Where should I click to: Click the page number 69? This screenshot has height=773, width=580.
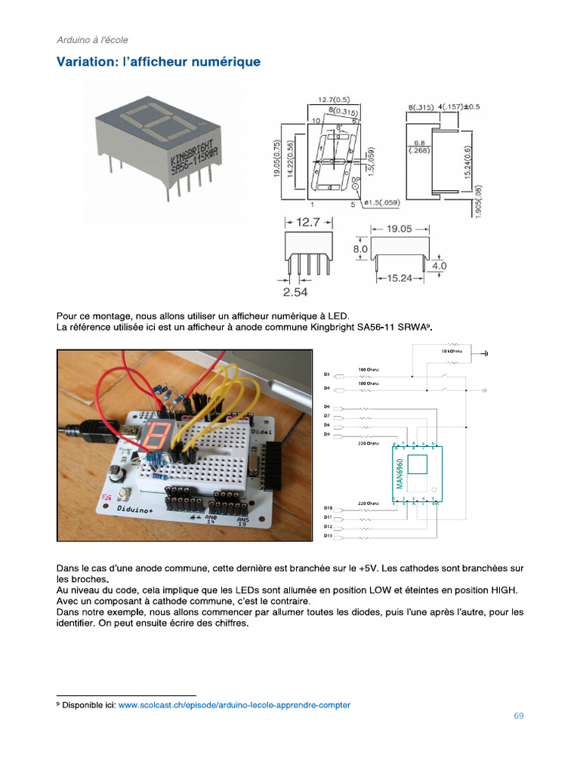(x=518, y=716)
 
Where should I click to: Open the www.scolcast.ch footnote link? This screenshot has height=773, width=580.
(x=234, y=705)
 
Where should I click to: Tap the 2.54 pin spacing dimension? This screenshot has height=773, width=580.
(x=295, y=291)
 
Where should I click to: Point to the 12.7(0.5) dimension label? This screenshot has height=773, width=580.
(x=333, y=100)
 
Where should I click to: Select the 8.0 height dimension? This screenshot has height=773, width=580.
(x=359, y=248)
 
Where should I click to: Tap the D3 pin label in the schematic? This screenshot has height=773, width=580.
(x=328, y=374)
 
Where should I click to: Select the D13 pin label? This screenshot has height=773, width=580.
(x=329, y=535)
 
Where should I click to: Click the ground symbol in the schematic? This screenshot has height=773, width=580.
(x=486, y=353)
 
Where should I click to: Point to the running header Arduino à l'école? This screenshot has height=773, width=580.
(x=97, y=39)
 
